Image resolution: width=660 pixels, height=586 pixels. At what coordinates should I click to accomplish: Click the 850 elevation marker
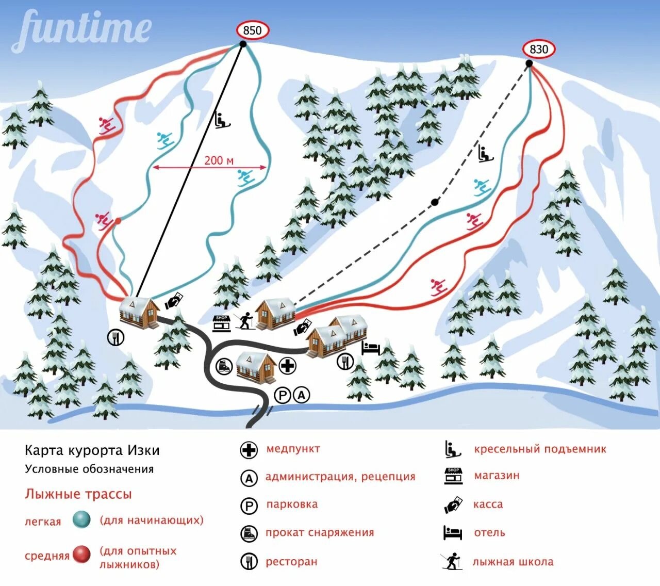click(253, 30)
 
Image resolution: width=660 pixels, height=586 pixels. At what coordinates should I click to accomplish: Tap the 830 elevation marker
click(539, 49)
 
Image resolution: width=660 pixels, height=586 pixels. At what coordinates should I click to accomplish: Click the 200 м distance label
click(219, 160)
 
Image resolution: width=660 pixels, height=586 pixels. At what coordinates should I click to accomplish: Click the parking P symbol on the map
click(283, 396)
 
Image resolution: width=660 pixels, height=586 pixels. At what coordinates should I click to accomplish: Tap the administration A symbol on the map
click(302, 396)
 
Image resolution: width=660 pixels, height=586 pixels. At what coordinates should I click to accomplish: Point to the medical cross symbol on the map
click(287, 366)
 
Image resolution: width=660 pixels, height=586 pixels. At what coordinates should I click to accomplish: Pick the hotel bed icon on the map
click(371, 349)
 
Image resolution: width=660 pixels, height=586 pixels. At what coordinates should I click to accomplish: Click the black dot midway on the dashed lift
click(435, 202)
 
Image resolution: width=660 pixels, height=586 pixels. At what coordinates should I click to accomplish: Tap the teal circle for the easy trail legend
click(81, 520)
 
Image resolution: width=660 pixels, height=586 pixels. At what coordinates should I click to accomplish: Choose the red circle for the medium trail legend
click(81, 555)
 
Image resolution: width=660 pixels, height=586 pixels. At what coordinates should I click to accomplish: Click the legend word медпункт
click(293, 449)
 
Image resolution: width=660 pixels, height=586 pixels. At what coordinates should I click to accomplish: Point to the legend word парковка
click(292, 504)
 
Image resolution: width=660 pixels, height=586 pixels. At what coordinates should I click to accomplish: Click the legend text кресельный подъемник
click(540, 449)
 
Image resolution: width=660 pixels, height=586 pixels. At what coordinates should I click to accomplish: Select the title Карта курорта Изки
click(92, 450)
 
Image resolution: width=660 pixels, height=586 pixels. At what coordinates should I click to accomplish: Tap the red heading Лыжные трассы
click(78, 494)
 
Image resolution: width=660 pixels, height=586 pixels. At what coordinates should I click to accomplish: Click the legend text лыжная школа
click(513, 562)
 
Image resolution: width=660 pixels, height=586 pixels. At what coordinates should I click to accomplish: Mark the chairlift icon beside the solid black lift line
click(222, 120)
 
